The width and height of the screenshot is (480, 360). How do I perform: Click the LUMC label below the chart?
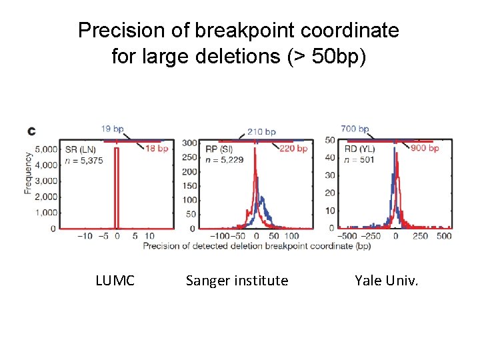point(115,281)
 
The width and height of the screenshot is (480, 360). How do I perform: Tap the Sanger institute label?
point(237,281)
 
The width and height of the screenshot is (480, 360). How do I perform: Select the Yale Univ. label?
point(387,281)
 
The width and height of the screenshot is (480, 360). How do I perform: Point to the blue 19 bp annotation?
point(113,129)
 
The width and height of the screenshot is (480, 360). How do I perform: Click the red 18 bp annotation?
point(157,148)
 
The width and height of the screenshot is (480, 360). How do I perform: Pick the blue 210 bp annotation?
point(261,132)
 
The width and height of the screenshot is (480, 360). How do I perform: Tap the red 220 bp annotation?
point(293,148)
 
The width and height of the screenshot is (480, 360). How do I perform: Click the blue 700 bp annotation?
point(355,129)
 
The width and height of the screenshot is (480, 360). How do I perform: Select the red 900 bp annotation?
point(425,148)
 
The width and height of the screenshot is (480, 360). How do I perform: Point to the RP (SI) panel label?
point(219,149)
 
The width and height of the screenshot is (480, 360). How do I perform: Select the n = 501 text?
point(359,159)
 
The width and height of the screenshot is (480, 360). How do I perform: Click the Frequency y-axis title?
point(29,173)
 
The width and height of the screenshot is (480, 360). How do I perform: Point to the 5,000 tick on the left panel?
point(47,149)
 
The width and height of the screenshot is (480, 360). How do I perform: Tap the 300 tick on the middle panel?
point(189,143)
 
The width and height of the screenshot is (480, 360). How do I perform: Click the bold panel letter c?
point(31,131)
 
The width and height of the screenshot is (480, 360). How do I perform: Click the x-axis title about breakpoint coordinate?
point(257,246)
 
